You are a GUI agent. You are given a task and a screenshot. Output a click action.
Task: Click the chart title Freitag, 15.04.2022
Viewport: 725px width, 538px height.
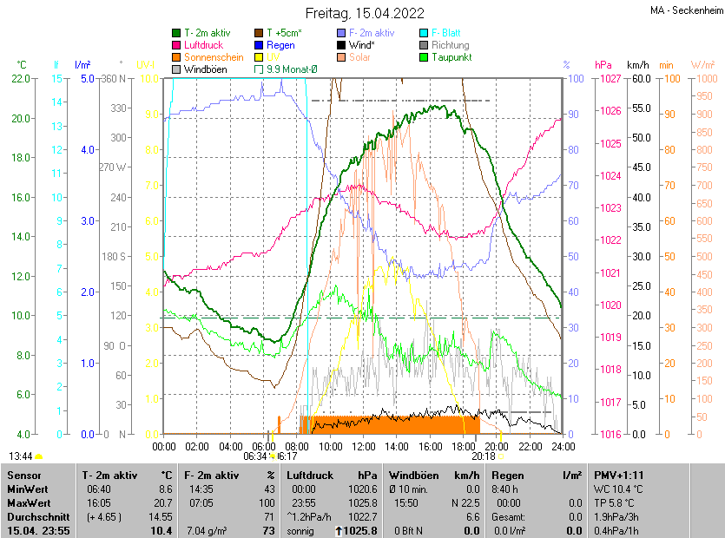click(364, 13)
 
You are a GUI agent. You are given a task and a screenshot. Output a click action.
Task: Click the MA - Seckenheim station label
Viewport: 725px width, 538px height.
click(685, 11)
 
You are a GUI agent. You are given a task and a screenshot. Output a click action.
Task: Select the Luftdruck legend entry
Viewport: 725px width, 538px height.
click(203, 45)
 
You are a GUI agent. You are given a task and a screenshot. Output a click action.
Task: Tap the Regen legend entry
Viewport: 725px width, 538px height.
click(280, 45)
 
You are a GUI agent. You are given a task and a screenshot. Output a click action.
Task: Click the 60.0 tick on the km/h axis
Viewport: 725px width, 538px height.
click(641, 79)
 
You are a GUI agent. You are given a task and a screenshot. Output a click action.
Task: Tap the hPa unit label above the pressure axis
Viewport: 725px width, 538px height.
click(603, 65)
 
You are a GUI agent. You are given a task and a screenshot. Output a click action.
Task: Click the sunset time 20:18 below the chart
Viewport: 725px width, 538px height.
click(484, 456)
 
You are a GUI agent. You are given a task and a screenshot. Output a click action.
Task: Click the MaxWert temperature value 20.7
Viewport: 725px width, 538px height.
click(162, 502)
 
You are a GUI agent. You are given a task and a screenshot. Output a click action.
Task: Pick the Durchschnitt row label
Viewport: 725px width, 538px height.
click(36, 516)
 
